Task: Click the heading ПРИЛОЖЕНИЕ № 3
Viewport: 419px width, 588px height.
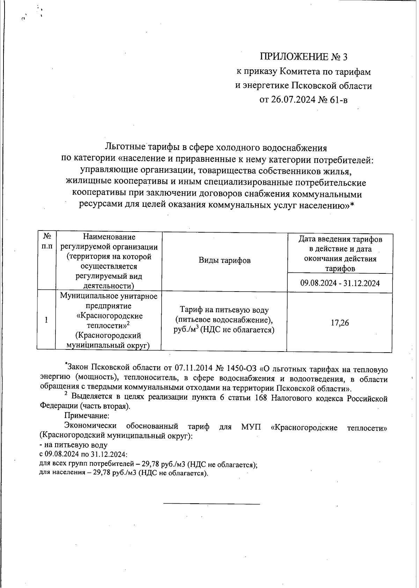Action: pyautogui.click(x=303, y=56)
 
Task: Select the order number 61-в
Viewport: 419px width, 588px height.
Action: pyautogui.click(x=338, y=100)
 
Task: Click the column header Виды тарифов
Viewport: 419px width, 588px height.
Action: pyautogui.click(x=225, y=260)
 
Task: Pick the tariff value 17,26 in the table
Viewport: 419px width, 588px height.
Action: pyautogui.click(x=339, y=323)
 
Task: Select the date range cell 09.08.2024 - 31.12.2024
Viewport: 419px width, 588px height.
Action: pyautogui.click(x=340, y=283)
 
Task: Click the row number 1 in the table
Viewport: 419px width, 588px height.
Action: pyautogui.click(x=46, y=320)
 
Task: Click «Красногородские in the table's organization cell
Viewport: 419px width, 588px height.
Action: pyautogui.click(x=109, y=316)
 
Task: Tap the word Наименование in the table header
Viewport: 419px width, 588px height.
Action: pyautogui.click(x=109, y=237)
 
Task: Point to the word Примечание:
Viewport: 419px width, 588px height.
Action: pyautogui.click(x=87, y=416)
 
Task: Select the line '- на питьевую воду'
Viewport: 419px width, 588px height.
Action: pyautogui.click(x=73, y=445)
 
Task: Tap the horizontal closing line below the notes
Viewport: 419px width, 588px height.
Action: pyautogui.click(x=212, y=504)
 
